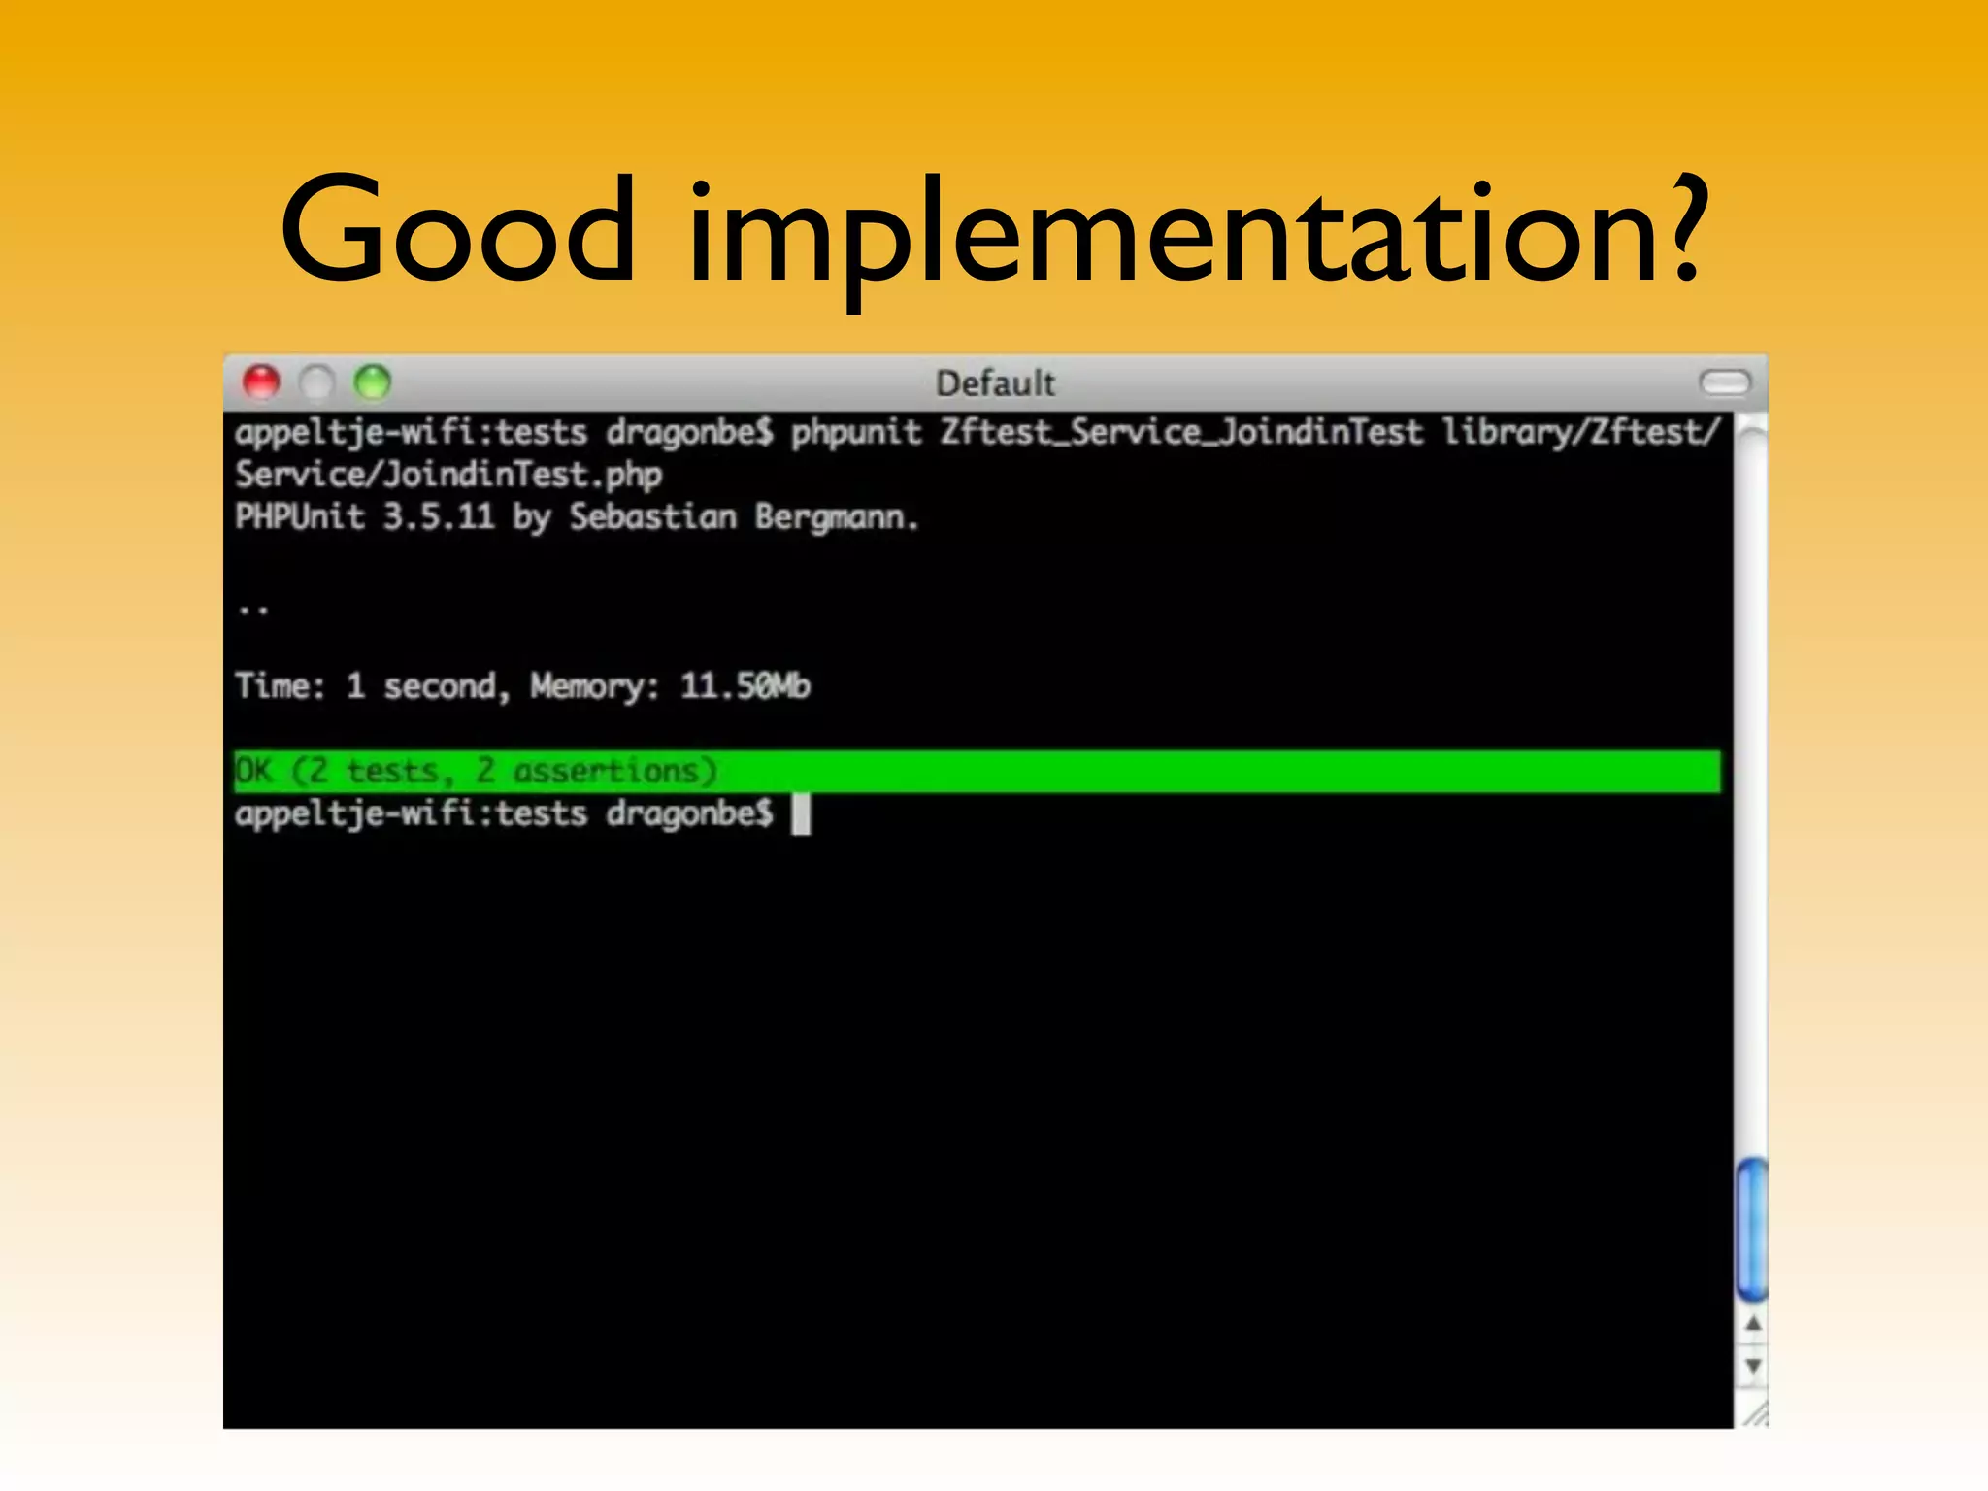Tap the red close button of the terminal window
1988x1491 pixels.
[261, 382]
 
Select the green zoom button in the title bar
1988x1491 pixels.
[373, 382]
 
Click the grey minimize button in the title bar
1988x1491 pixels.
[316, 382]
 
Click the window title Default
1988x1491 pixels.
[995, 383]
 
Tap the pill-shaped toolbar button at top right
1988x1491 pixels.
[1725, 382]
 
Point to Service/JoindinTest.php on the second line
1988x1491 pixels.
[448, 475]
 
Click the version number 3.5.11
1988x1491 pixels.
[439, 516]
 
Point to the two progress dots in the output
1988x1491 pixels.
[253, 611]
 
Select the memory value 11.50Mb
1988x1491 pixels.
[745, 686]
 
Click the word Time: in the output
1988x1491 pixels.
[280, 686]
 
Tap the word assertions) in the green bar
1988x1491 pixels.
[614, 771]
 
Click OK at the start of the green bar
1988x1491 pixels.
[254, 771]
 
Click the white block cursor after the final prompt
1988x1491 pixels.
[801, 813]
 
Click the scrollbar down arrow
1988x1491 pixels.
[1753, 1367]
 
